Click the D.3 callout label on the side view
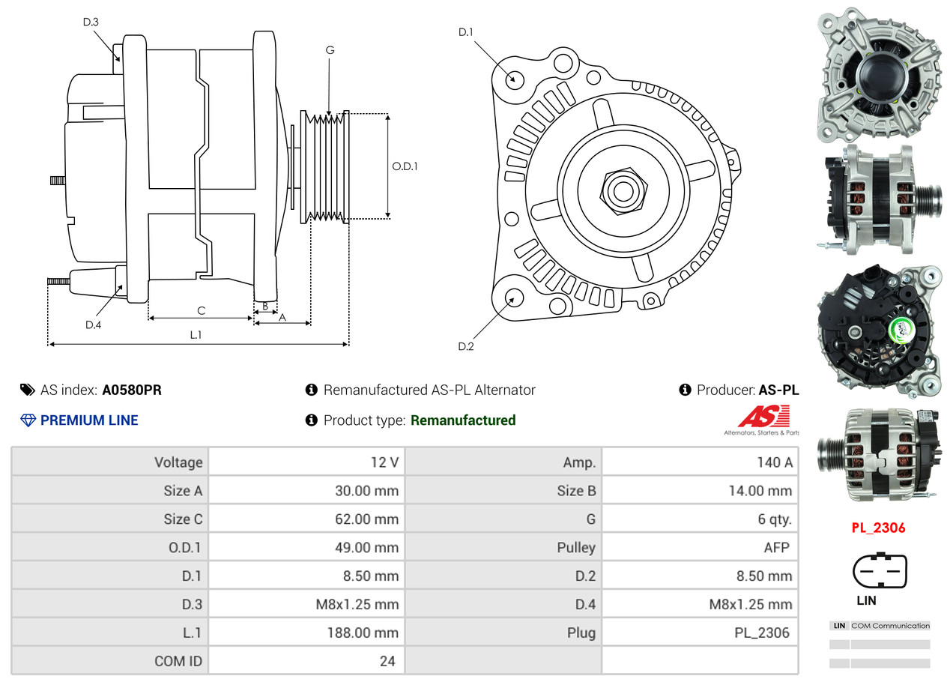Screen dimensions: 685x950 pos(91,22)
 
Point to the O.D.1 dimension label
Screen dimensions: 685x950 pos(405,166)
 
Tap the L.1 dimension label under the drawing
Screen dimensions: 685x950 pos(195,335)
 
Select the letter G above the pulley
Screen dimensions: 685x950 pos(330,50)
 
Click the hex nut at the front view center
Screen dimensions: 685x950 pos(621,190)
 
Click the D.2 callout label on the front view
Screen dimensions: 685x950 pos(466,346)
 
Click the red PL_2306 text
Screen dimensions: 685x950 pos(878,528)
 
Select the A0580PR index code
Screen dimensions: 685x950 pos(132,390)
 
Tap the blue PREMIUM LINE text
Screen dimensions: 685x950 pos(89,420)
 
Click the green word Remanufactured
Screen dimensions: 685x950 pos(463,420)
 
